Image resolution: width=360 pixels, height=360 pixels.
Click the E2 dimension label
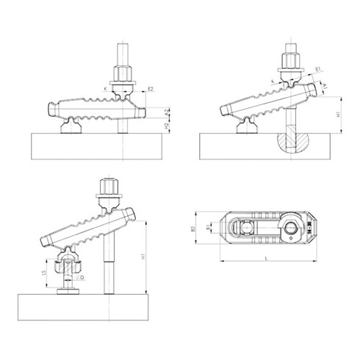(x=151, y=89)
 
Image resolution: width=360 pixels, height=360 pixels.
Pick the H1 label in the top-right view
(x=336, y=115)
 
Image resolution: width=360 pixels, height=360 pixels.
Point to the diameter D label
(x=81, y=278)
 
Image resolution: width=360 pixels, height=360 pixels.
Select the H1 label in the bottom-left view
(x=140, y=258)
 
